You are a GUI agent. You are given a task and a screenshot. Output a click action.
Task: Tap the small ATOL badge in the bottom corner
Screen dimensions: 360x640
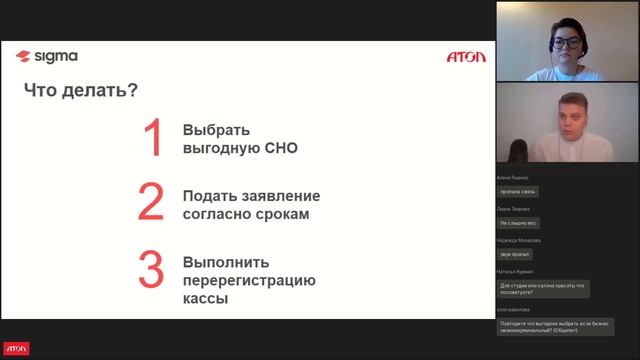16,349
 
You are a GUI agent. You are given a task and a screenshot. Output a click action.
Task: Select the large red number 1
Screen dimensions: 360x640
153,139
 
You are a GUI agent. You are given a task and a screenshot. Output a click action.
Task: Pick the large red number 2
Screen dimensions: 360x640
151,201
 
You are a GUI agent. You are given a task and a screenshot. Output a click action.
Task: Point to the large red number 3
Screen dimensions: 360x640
151,270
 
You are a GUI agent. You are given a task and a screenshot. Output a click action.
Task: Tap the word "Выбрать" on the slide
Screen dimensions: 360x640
216,130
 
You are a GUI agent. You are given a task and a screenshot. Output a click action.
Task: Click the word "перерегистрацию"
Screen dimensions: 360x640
249,279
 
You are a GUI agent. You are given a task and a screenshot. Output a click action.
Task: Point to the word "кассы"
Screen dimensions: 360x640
205,298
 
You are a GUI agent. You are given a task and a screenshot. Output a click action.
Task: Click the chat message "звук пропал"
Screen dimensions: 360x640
516,254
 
